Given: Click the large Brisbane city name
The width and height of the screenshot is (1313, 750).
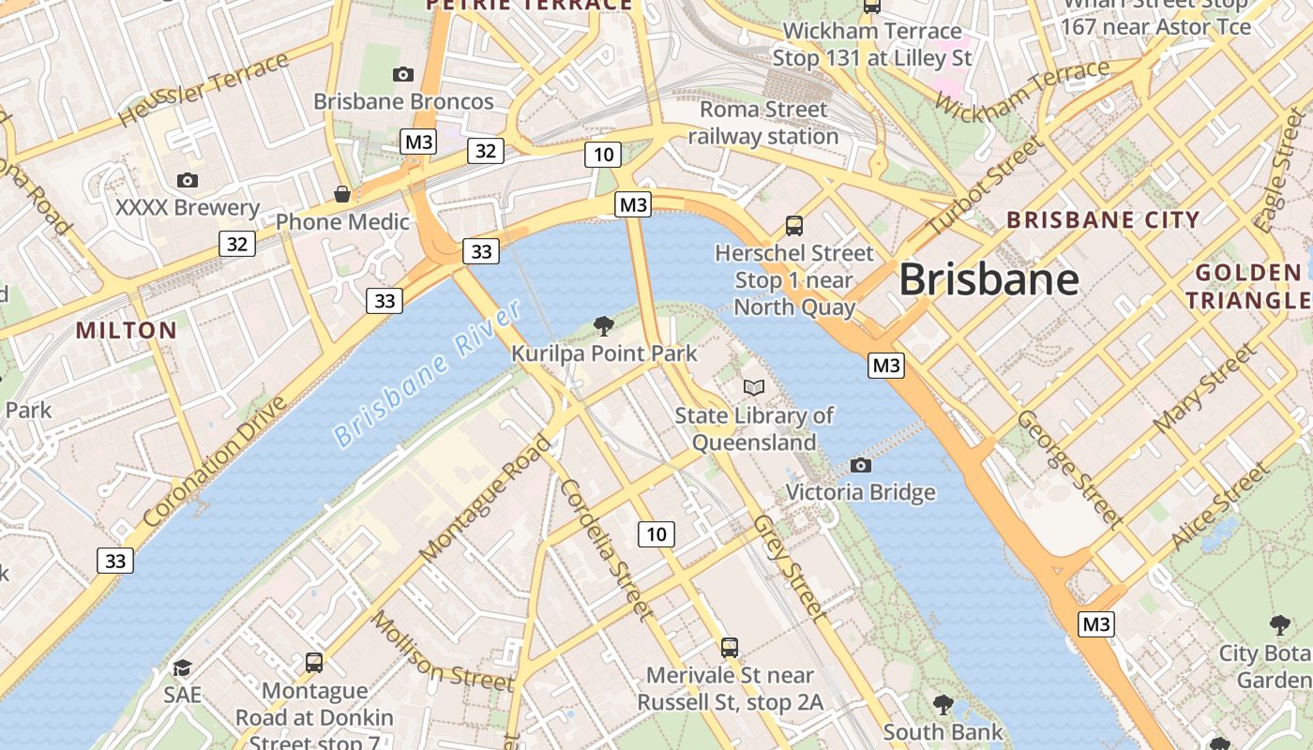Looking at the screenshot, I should pyautogui.click(x=989, y=279).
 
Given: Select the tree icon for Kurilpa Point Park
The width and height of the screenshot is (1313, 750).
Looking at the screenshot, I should pyautogui.click(x=604, y=326).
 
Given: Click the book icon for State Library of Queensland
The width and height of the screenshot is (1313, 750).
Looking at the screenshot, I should pyautogui.click(x=754, y=387).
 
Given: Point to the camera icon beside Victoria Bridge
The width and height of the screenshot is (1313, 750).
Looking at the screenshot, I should pyautogui.click(x=860, y=465).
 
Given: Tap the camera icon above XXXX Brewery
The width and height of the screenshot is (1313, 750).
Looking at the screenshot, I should pyautogui.click(x=188, y=180).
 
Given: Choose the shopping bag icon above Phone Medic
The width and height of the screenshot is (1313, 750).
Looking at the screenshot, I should pyautogui.click(x=342, y=194).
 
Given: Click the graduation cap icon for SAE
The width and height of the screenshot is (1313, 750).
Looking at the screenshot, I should pyautogui.click(x=182, y=667).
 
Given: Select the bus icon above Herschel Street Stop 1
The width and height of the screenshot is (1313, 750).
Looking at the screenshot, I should pyautogui.click(x=794, y=225).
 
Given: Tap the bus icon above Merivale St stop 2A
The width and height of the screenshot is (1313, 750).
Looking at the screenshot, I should pyautogui.click(x=730, y=647).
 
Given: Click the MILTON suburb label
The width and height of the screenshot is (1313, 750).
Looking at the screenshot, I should pyautogui.click(x=126, y=330).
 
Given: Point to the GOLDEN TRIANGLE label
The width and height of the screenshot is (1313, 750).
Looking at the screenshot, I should pyautogui.click(x=1247, y=287).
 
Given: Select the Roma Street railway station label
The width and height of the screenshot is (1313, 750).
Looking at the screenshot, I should pyautogui.click(x=763, y=123).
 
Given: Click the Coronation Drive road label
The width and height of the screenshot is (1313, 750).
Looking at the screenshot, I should pyautogui.click(x=215, y=462).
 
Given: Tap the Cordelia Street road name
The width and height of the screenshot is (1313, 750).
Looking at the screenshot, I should pyautogui.click(x=607, y=549).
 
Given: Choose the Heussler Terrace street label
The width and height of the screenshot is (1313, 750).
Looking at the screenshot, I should pyautogui.click(x=204, y=90).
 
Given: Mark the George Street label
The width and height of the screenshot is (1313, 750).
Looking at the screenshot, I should pyautogui.click(x=1070, y=468).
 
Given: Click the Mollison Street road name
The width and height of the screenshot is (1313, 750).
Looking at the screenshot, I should pyautogui.click(x=443, y=650).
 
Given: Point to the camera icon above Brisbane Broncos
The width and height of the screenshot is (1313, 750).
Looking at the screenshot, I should pyautogui.click(x=403, y=75).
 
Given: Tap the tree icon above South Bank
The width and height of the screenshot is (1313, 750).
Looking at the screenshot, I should pyautogui.click(x=943, y=704).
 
